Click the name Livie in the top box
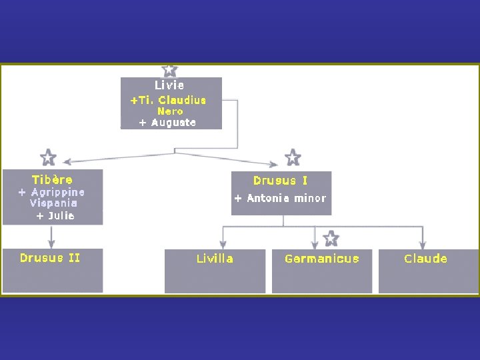(x=169, y=85)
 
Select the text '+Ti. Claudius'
(x=168, y=100)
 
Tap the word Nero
(x=170, y=111)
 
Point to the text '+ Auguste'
(x=167, y=123)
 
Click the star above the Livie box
(x=170, y=69)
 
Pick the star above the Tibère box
(x=48, y=157)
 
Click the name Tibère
(x=53, y=179)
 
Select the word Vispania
(x=53, y=203)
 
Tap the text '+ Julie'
(x=55, y=215)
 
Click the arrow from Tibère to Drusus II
(x=52, y=237)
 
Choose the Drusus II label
(x=50, y=258)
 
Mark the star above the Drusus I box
(x=293, y=157)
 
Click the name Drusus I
(x=281, y=180)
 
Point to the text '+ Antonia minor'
(x=280, y=198)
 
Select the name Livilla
(x=215, y=259)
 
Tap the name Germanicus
(x=322, y=259)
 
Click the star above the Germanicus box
(x=331, y=238)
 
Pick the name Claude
(x=426, y=259)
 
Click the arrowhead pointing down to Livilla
(x=223, y=245)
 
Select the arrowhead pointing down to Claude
(x=423, y=245)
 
